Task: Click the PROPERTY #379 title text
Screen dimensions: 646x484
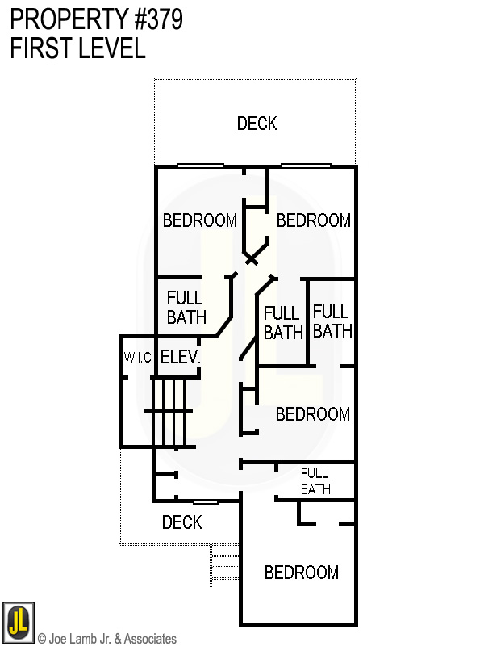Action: pos(96,20)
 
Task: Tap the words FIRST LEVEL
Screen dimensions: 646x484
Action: pos(77,48)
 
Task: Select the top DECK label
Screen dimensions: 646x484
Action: pos(257,124)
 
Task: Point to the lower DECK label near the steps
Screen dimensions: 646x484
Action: pos(181,522)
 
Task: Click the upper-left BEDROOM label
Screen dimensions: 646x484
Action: pos(200,220)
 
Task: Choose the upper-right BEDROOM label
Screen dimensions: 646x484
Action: pos(313,220)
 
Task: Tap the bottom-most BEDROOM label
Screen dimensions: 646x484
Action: pos(302,573)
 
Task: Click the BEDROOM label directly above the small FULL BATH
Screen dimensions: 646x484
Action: pos(312,414)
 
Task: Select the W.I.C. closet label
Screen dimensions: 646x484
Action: pos(138,357)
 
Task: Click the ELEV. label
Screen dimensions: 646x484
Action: pos(179,357)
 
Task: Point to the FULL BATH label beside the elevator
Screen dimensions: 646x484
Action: pos(186,308)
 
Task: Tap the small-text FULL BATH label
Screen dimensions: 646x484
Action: pos(315,480)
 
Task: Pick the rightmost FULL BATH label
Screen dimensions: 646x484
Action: pos(332,321)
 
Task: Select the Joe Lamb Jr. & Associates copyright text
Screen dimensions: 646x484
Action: pos(107,639)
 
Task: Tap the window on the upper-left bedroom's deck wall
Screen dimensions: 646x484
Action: pos(200,166)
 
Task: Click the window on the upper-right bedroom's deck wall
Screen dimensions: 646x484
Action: pos(306,166)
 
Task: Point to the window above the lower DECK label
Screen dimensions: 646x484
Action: pos(205,502)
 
